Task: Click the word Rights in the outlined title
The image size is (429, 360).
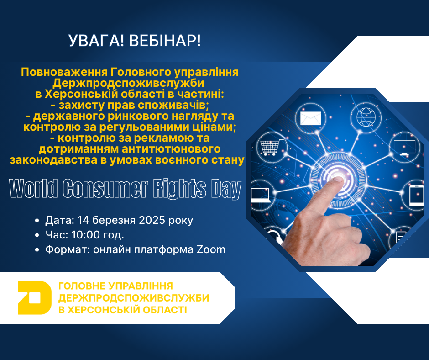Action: (x=179, y=189)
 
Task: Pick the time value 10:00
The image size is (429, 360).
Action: (x=89, y=235)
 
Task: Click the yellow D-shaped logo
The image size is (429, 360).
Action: (x=34, y=298)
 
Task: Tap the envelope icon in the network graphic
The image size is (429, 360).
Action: (x=310, y=119)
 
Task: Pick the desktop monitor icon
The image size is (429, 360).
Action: (x=404, y=147)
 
